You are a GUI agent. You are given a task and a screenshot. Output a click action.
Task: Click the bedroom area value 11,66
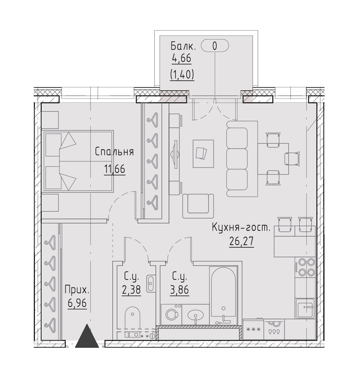pyautogui.click(x=114, y=170)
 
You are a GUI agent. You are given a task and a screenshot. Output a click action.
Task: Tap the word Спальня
pyautogui.click(x=114, y=152)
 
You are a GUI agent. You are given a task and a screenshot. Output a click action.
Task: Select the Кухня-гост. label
pyautogui.click(x=241, y=228)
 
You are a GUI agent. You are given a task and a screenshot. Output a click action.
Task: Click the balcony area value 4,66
pyautogui.click(x=181, y=59)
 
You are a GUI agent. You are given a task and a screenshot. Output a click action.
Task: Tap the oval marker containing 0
pyautogui.click(x=215, y=46)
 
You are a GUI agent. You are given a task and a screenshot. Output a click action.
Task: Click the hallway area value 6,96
pyautogui.click(x=78, y=303)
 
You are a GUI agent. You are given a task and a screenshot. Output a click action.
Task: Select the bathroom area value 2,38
pyautogui.click(x=131, y=290)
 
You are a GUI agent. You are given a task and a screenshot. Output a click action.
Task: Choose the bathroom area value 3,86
pyautogui.click(x=179, y=290)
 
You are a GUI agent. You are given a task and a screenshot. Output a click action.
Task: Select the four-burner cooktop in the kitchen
pyautogui.click(x=305, y=267)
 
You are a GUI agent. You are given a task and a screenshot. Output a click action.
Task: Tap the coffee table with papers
pyautogui.click(x=203, y=154)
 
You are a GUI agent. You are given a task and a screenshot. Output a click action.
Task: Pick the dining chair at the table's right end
pyautogui.click(x=292, y=159)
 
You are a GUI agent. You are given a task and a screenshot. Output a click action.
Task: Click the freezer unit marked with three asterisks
pyautogui.click(x=254, y=329)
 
